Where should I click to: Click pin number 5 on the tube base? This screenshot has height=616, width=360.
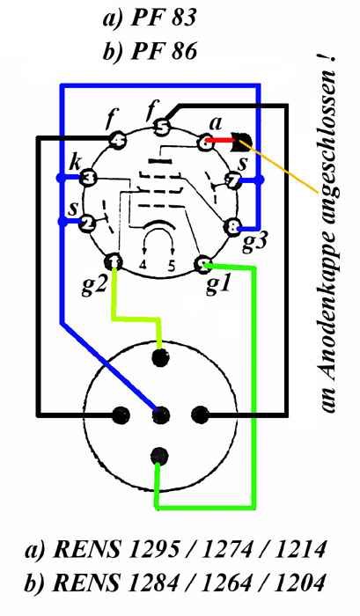[x=160, y=127]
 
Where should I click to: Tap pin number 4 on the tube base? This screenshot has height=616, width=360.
[x=117, y=140]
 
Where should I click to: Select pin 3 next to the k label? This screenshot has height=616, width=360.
[x=88, y=180]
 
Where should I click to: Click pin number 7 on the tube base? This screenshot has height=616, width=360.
[x=232, y=180]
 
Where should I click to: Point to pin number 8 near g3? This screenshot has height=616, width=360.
[x=231, y=227]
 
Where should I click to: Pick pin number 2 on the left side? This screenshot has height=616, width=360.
[x=87, y=224]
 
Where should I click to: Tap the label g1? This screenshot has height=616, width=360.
[x=217, y=287]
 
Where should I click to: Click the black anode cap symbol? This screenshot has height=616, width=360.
[x=242, y=142]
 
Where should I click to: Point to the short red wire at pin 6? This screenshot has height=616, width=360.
[x=219, y=140]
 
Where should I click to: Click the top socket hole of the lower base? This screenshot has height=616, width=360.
[x=160, y=356]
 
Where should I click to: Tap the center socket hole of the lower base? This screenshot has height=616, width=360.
[x=161, y=414]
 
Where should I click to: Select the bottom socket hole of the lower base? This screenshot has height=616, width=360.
[x=159, y=456]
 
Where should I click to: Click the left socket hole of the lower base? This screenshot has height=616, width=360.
[x=121, y=414]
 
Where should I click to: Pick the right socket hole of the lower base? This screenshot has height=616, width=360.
[x=200, y=414]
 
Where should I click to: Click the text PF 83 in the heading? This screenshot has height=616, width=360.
[x=163, y=18]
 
